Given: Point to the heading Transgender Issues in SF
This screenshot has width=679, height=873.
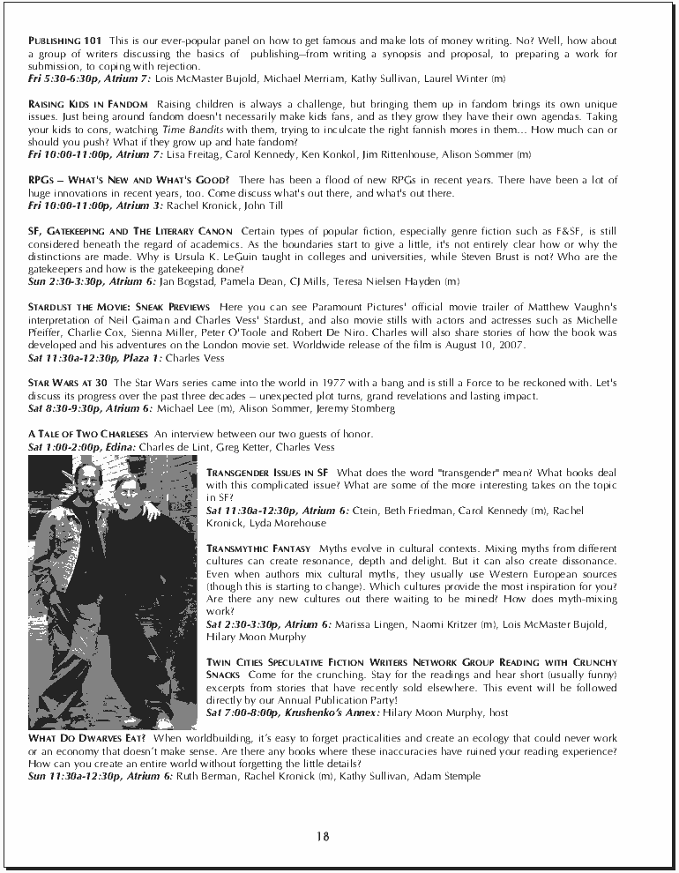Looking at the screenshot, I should pos(268,473).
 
